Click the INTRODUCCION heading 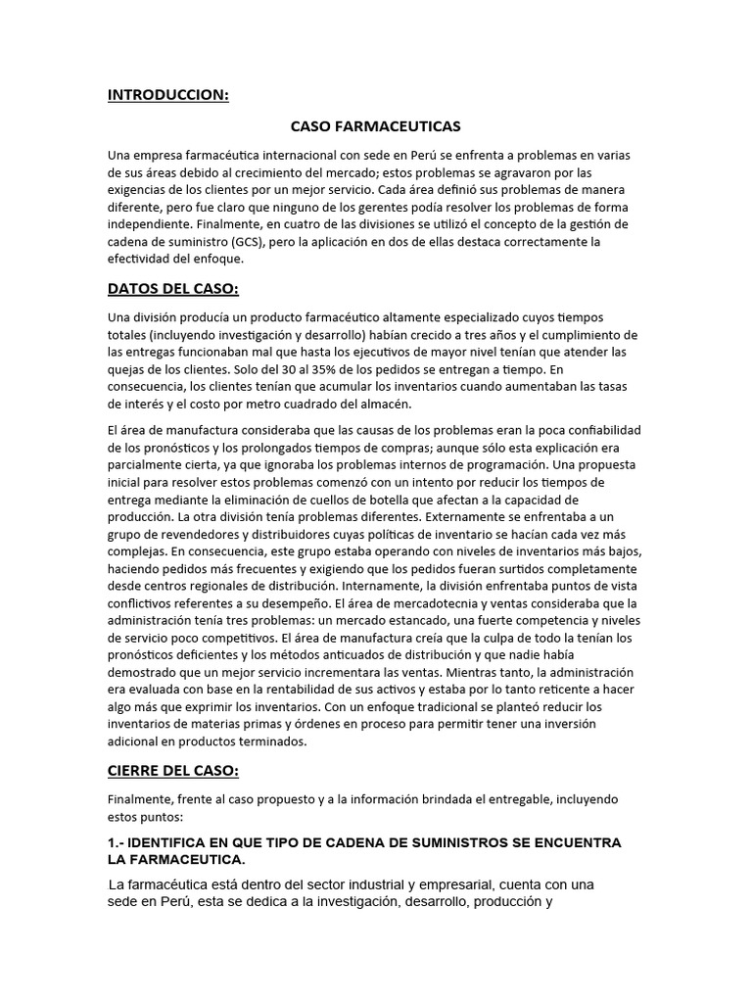(x=167, y=95)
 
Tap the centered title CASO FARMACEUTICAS (x=376, y=126)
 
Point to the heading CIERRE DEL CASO (x=173, y=771)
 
